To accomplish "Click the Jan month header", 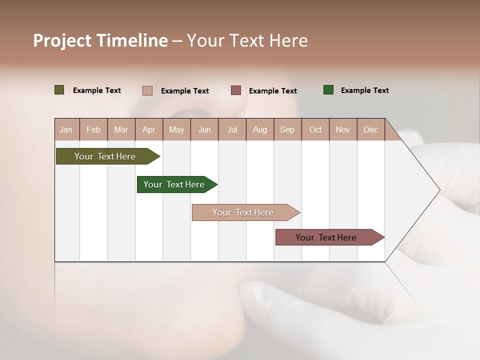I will pos(66,129).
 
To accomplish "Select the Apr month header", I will pos(148,129).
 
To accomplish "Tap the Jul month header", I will pos(232,129).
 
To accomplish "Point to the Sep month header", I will pos(287,129).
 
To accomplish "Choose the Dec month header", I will pos(370,129).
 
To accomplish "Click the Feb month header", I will pos(93,129).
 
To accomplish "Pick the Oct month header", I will pos(315,129).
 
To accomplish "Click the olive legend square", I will pos(59,90).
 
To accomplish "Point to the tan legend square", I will pos(147,90).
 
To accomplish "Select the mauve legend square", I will pos(236,90).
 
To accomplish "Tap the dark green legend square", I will pos(328,90).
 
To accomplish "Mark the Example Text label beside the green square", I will pos(364,90).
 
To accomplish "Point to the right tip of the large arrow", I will pos(439,190).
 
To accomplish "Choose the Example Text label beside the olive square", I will pos(97,90).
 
